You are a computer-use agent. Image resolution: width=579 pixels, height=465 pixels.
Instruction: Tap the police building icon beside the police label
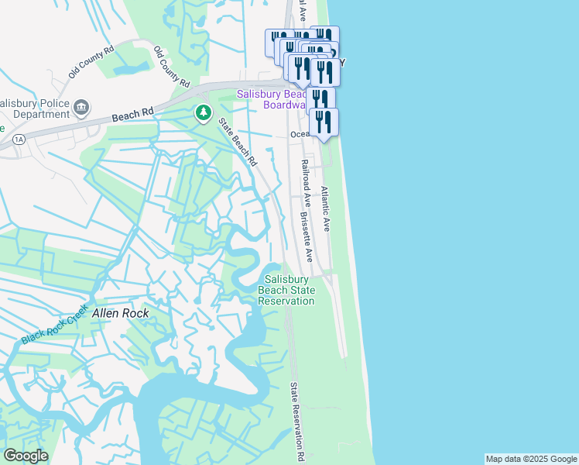[x=81, y=106]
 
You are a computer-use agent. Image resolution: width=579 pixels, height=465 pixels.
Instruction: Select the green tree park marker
[x=204, y=113]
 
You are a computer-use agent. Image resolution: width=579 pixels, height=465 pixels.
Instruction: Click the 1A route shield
[x=19, y=139]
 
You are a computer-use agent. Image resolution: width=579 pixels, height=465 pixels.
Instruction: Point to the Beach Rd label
[x=132, y=115]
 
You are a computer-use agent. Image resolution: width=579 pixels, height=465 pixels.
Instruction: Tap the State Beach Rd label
[x=237, y=141]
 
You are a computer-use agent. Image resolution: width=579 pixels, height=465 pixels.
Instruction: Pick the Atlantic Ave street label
[x=325, y=208]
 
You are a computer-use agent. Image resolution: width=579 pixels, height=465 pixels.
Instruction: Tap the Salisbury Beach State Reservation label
[x=286, y=290]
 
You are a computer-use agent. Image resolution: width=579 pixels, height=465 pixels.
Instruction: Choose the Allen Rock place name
[x=119, y=314]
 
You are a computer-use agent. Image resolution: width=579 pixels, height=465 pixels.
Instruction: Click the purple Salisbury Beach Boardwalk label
[x=271, y=99]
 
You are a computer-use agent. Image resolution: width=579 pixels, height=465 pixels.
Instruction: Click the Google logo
[x=25, y=456]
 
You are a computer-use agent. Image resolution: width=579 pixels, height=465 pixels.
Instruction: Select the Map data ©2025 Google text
[x=531, y=459]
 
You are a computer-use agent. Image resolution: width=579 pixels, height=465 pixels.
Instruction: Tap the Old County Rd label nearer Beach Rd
[x=172, y=66]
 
